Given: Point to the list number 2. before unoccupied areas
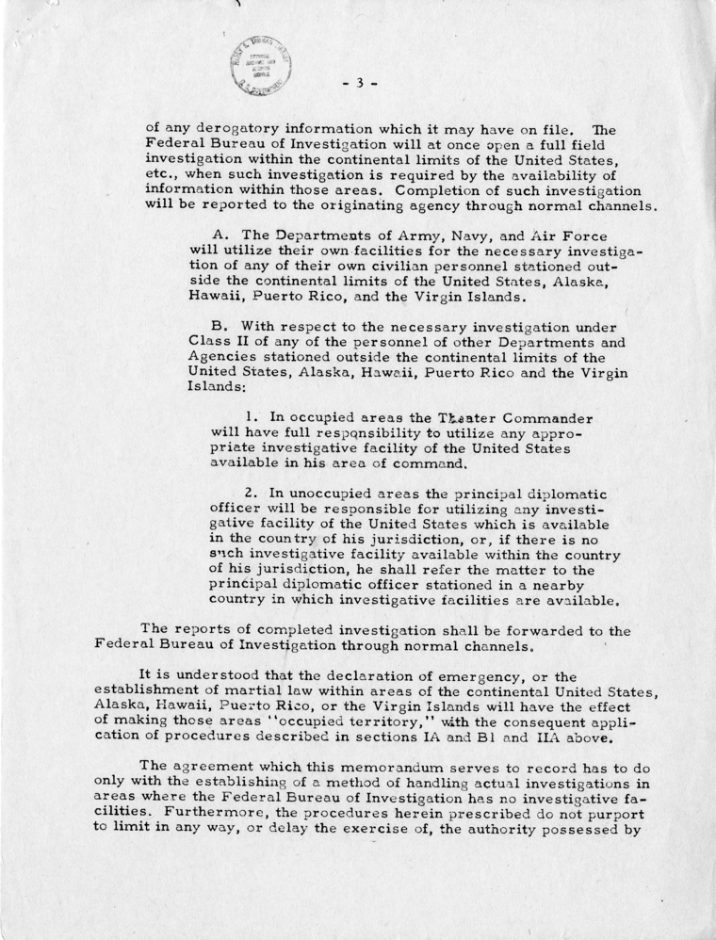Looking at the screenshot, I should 249,492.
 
